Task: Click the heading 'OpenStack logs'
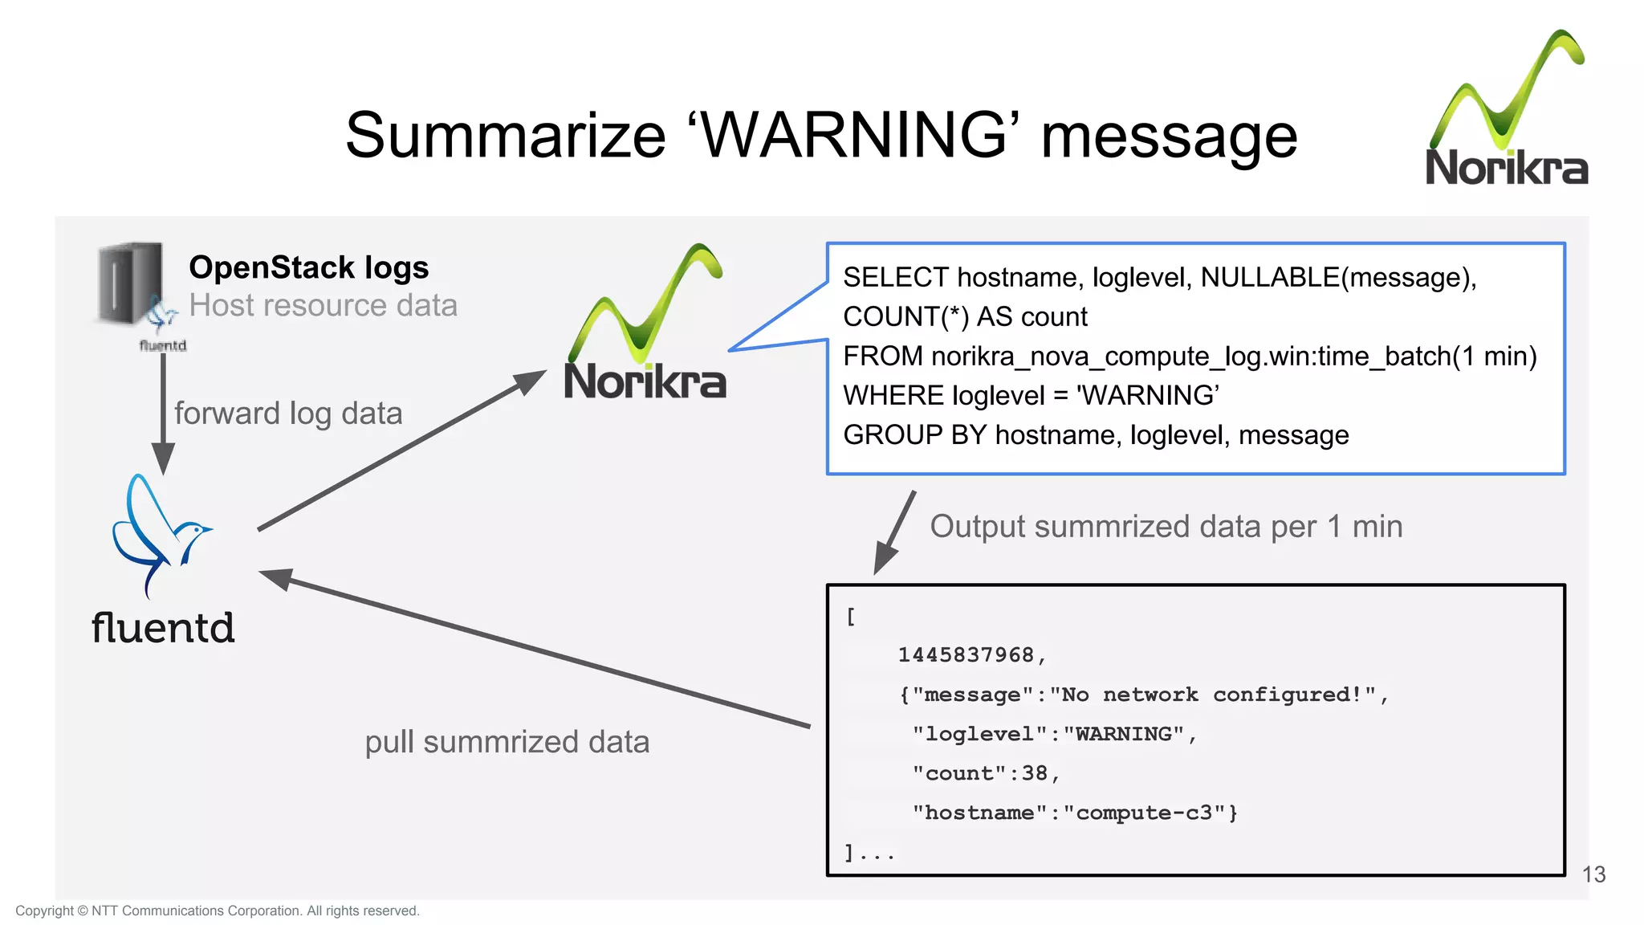point(309,267)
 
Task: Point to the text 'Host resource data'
point(323,306)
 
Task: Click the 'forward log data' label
point(288,414)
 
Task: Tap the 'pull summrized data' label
point(507,742)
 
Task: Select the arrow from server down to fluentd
point(163,414)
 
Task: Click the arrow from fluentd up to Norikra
point(401,450)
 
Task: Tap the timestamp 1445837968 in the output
point(966,655)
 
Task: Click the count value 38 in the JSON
point(1034,773)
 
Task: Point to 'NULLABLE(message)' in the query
point(1335,278)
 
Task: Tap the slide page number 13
point(1593,874)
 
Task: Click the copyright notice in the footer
point(218,911)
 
